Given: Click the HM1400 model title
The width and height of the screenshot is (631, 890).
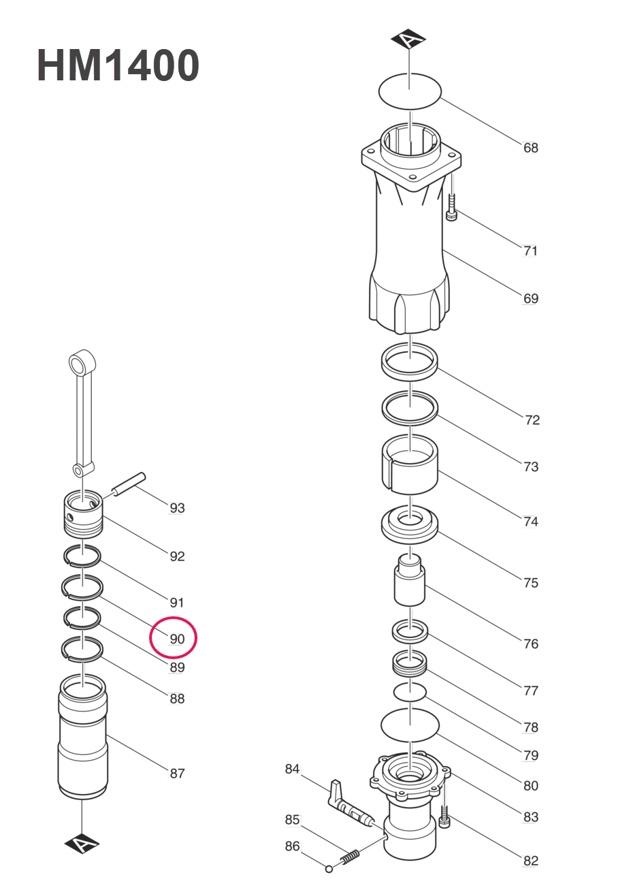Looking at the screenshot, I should click(118, 66).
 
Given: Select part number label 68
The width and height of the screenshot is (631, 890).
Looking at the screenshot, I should click(530, 148).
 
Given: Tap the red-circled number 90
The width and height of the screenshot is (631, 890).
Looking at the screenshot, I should click(176, 639).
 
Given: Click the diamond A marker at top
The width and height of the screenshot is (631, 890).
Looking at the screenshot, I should click(408, 40).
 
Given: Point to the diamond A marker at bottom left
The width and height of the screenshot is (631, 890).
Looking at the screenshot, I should click(82, 844).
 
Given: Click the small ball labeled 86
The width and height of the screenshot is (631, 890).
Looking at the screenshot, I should click(329, 868).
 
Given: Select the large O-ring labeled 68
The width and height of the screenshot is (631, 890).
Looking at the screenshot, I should click(410, 90).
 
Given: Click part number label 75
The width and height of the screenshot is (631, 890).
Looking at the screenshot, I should click(530, 583).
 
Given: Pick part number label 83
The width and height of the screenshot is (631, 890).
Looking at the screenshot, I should click(530, 816).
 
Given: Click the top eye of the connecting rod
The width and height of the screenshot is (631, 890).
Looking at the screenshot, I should click(81, 360).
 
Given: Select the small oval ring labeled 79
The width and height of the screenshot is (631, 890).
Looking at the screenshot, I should click(410, 693).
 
